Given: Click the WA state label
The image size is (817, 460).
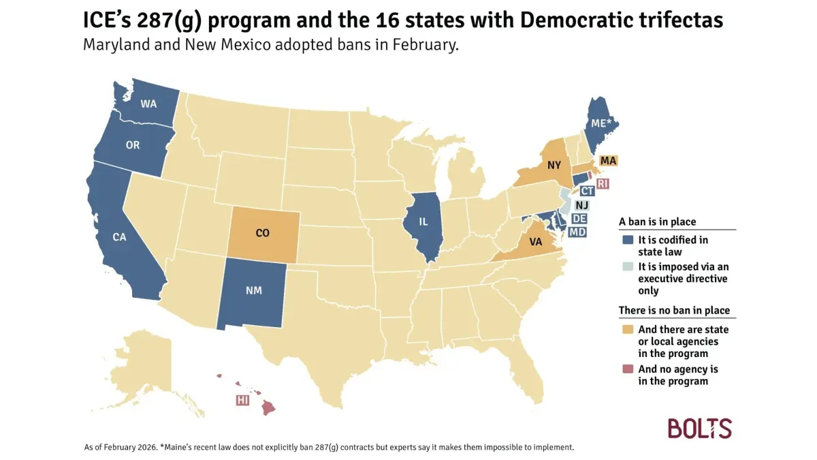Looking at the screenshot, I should click(x=149, y=104).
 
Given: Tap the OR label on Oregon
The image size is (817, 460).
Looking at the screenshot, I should click(x=133, y=145).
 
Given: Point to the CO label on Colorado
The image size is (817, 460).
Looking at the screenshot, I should click(x=262, y=233).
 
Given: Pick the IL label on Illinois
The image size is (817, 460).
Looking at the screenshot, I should click(x=423, y=221).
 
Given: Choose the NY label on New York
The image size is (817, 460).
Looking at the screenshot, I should click(x=554, y=164).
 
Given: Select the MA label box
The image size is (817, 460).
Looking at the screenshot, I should click(x=609, y=161).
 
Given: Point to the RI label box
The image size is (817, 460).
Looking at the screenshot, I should click(x=603, y=184).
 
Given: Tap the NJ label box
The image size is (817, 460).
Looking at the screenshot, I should click(x=581, y=205).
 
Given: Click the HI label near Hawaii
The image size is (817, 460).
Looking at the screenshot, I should click(x=242, y=400).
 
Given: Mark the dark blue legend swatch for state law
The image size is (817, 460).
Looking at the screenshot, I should click(x=628, y=240).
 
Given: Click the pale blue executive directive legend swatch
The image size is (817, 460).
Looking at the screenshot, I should click(x=628, y=268).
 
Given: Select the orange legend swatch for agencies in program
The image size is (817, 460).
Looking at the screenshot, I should click(x=628, y=329).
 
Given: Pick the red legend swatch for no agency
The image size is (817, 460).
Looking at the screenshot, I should click(x=628, y=369).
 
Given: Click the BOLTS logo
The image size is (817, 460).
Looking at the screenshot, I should click(x=699, y=429).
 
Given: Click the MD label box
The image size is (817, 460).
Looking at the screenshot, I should click(x=577, y=232).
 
